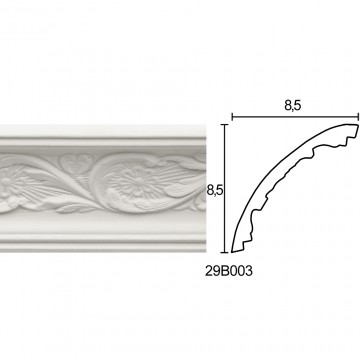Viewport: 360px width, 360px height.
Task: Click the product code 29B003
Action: (229, 271)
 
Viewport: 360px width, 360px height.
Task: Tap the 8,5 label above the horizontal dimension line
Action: (293, 106)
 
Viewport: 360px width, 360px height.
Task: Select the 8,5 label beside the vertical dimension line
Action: (215, 191)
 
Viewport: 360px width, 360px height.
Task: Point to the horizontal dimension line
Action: (295, 117)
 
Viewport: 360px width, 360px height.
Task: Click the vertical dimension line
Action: (225, 188)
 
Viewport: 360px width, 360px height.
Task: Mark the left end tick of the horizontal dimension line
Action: (232, 117)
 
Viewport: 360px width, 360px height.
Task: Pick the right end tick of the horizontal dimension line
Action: (358, 117)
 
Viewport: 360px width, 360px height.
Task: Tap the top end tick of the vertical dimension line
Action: (225, 125)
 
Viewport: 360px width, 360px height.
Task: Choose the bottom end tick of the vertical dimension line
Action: (225, 252)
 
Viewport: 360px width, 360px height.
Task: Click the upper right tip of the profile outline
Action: (358, 125)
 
